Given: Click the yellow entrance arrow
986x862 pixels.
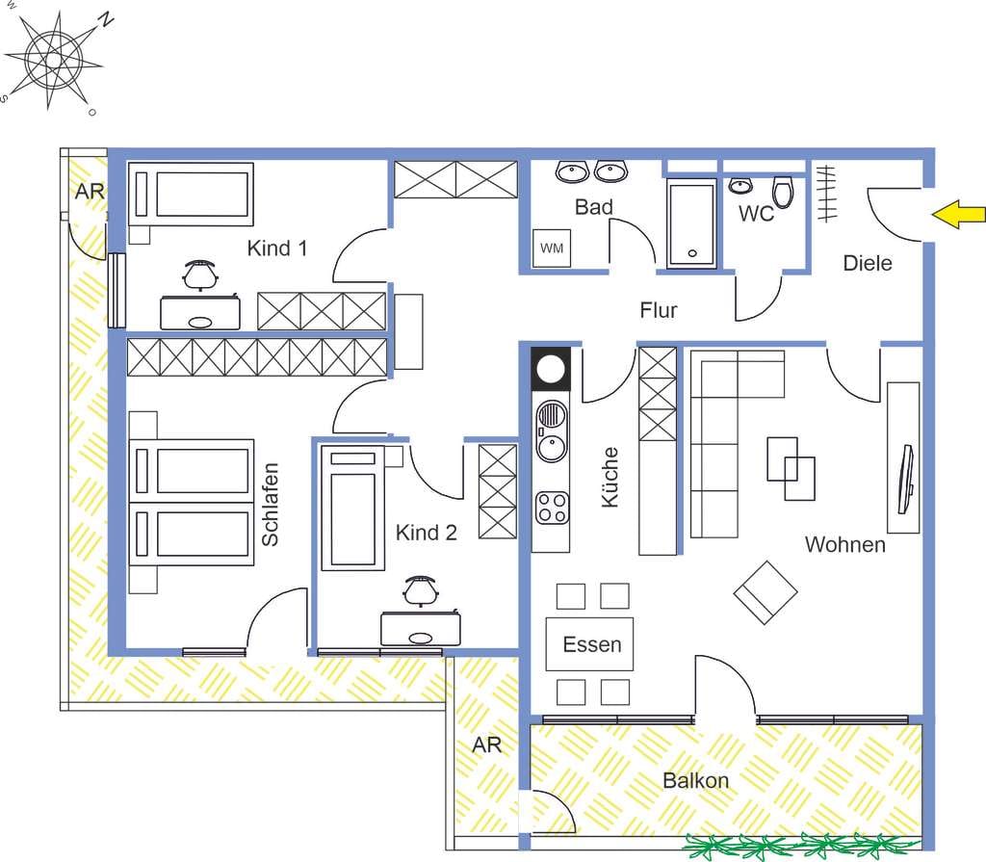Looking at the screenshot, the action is [958, 215].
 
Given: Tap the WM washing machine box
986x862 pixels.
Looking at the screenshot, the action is [552, 248].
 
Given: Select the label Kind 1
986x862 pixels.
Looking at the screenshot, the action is [277, 248].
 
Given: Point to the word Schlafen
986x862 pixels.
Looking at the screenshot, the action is [270, 505].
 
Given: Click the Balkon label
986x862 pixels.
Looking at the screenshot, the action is [695, 780].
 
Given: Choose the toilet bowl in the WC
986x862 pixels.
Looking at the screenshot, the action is [783, 192].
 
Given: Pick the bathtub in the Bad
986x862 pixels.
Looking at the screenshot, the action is [691, 223].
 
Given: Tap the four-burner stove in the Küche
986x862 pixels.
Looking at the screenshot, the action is [552, 509].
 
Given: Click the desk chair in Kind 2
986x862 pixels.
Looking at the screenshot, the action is [420, 590].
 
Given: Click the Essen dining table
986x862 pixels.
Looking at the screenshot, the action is [589, 644].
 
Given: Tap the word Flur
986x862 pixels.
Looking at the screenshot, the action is [659, 310].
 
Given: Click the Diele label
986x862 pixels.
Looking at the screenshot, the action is [868, 263].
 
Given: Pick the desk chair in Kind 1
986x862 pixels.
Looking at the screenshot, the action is [201, 274].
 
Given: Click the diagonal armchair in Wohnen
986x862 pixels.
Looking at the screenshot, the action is [765, 592].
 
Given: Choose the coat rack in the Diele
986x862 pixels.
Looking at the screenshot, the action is [825, 194].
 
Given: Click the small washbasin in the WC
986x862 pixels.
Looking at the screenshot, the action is [740, 186].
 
